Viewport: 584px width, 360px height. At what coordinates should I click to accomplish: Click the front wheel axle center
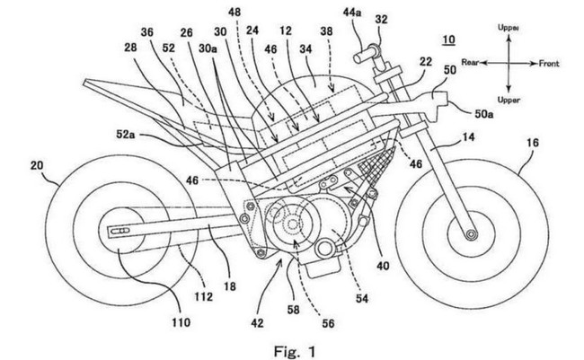tap(469, 234)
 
